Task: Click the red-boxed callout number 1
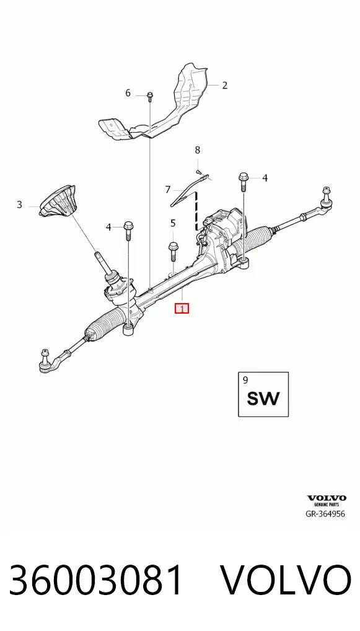[182, 309]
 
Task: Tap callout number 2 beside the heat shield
[224, 85]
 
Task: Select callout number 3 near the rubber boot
[19, 205]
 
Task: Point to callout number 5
[173, 223]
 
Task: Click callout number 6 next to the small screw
[128, 93]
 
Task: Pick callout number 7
[168, 189]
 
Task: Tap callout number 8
[198, 150]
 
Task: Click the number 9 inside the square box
[245, 379]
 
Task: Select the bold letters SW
[263, 399]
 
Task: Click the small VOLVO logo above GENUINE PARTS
[327, 498]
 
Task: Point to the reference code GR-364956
[325, 513]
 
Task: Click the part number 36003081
[96, 580]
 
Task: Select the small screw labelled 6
[149, 96]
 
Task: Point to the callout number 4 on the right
[265, 177]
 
